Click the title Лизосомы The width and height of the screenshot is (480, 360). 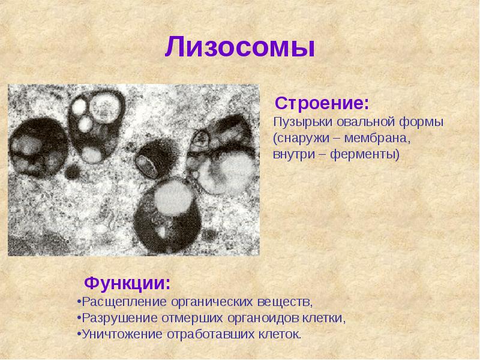pos(240,47)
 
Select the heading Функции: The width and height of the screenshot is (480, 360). pos(127,282)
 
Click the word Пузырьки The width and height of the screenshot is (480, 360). pos(298,122)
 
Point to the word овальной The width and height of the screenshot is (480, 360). pos(358,122)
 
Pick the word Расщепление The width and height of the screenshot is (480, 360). pos(119,299)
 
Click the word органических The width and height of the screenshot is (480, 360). pos(214,299)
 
